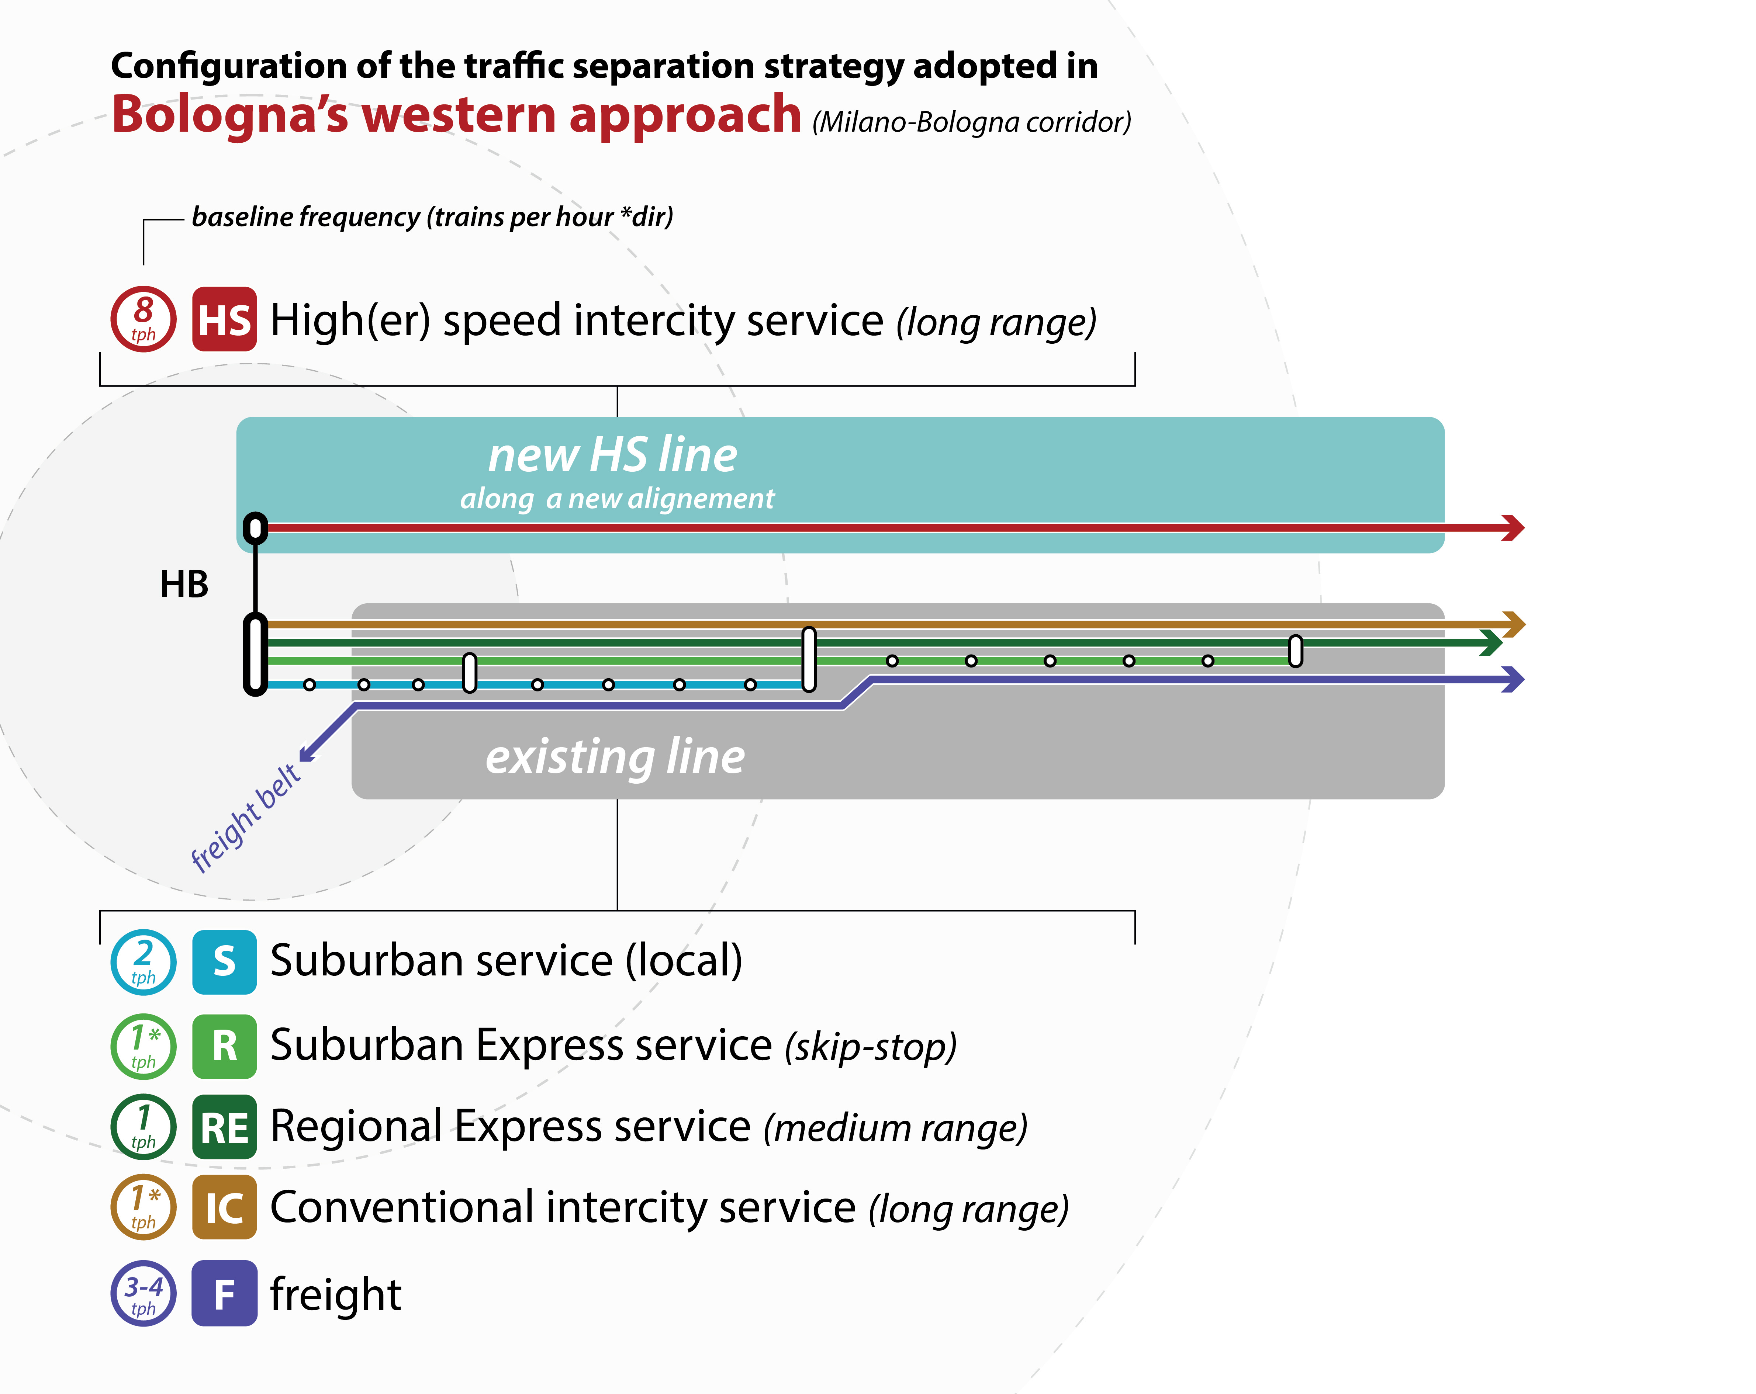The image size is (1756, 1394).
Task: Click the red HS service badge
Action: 224,319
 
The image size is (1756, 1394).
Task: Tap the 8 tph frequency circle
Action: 144,319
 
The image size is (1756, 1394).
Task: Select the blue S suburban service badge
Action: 224,962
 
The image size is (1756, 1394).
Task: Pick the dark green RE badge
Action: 224,1127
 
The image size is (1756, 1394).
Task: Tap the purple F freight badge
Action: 224,1293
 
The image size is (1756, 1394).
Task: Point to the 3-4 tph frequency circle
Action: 144,1293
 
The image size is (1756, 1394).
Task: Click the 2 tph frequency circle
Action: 144,962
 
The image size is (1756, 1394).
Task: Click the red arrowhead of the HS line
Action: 1513,528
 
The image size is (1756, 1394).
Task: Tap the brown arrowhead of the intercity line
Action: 1513,624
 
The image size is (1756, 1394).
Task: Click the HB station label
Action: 184,585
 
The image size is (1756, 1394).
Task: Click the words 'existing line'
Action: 615,756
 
